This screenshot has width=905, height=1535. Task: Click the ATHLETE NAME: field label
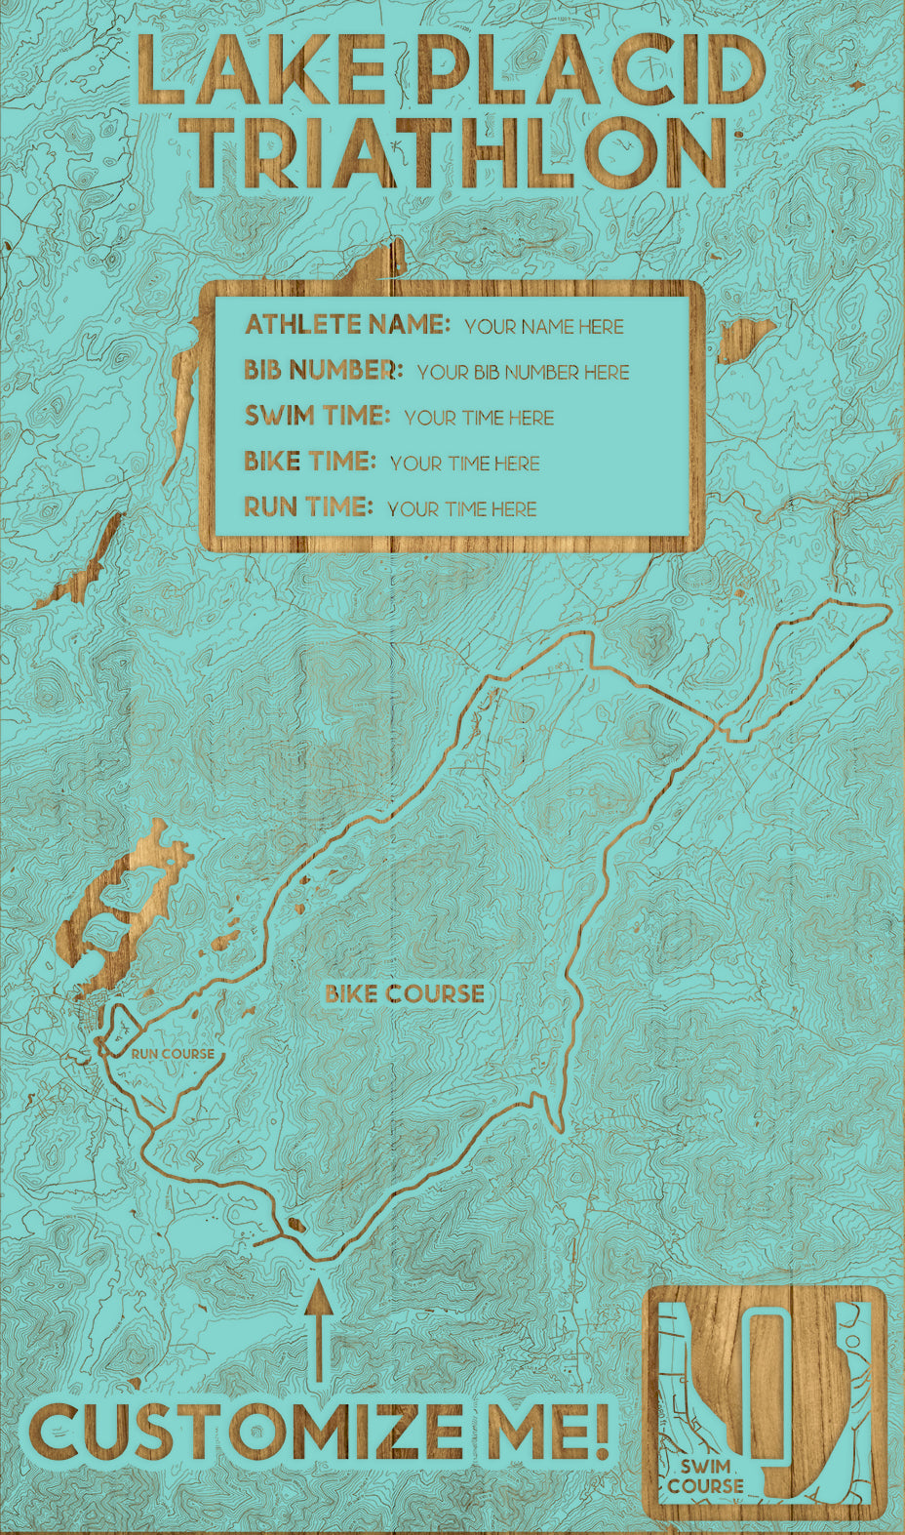(x=347, y=324)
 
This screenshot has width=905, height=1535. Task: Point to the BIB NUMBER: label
(x=323, y=370)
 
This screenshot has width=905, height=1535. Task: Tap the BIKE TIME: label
(x=309, y=461)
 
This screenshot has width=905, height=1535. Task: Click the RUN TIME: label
(x=308, y=506)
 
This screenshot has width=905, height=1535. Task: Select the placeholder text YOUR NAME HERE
(x=544, y=326)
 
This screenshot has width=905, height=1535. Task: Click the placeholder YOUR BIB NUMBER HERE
(x=523, y=372)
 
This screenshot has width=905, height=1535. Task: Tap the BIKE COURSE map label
(x=405, y=993)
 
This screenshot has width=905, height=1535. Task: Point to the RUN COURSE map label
(x=173, y=1054)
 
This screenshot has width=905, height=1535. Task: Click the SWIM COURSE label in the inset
(x=705, y=1475)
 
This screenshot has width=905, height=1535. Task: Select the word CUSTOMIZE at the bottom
(x=244, y=1433)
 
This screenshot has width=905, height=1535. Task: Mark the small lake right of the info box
(x=746, y=337)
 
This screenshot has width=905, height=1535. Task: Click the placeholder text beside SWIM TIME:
(x=479, y=418)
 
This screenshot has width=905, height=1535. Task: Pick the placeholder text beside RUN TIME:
(x=461, y=508)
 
